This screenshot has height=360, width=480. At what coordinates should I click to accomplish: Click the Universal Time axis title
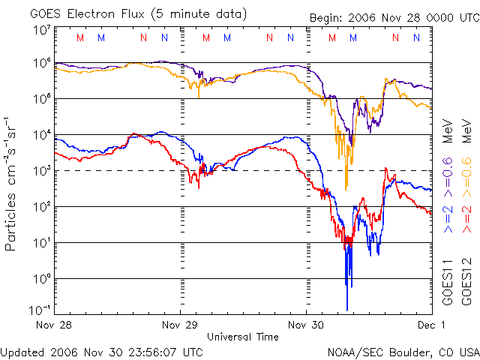tap(242, 337)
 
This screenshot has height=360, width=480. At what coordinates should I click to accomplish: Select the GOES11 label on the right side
tap(447, 281)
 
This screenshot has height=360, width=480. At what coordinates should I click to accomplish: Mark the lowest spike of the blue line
tap(347, 308)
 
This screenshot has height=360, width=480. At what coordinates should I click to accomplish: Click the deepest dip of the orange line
tap(346, 188)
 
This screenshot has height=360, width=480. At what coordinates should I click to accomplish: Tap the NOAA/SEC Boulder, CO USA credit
tap(403, 351)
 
